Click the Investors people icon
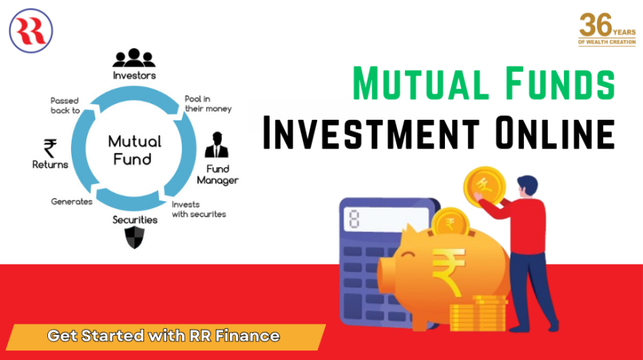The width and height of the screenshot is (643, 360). [134, 58]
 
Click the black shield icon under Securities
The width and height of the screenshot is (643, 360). [134, 239]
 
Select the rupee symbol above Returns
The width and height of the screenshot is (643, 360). [50, 148]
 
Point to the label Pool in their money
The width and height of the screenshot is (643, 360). [208, 103]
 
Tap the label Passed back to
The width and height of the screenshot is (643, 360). [65, 105]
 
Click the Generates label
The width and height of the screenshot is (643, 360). [72, 201]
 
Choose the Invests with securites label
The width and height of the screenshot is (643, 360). [198, 209]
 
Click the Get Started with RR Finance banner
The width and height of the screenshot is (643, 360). [163, 336]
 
